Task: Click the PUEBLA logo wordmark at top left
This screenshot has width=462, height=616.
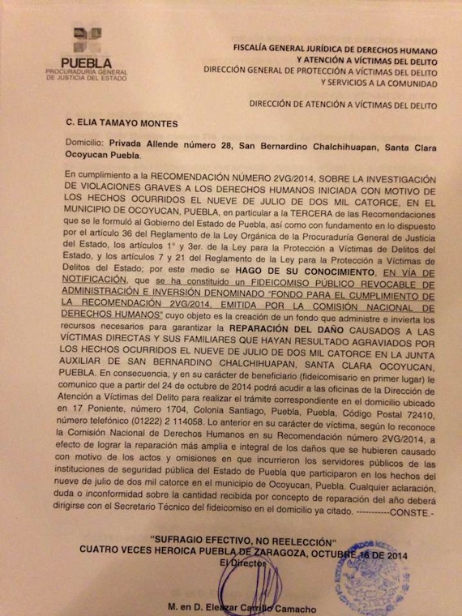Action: (x=86, y=63)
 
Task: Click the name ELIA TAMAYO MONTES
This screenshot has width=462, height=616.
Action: (x=128, y=125)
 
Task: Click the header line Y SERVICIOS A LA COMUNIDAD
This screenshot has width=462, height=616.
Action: (x=379, y=82)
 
